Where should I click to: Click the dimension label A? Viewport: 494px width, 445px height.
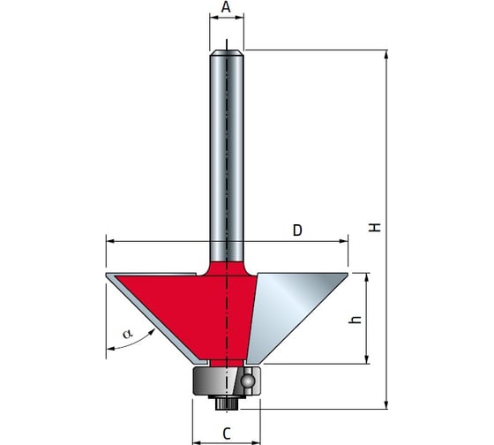pos(226,7)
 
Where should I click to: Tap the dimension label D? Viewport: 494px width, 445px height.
pos(297,230)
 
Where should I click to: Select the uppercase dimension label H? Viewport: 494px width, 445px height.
pos(375,228)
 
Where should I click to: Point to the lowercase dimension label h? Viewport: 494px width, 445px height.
pos(355,320)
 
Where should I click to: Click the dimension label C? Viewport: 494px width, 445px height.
pos(227,434)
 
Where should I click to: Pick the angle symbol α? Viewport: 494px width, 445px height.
pos(128,334)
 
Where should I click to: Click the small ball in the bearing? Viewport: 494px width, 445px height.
pos(248,381)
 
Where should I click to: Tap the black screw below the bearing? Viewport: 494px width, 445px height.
pos(224,403)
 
